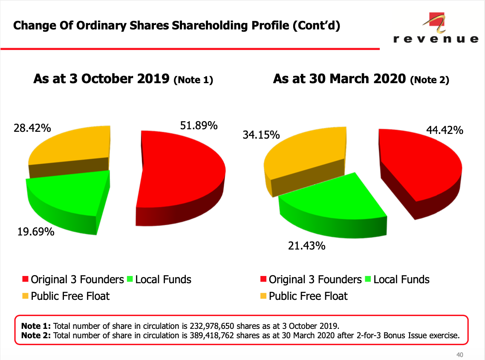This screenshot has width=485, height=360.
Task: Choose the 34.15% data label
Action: click(x=261, y=135)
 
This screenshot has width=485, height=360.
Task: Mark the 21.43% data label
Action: click(x=307, y=246)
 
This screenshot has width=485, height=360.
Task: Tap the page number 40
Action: click(x=459, y=354)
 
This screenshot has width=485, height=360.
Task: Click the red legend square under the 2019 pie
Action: click(x=26, y=280)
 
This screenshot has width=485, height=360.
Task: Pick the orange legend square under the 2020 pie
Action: click(x=263, y=296)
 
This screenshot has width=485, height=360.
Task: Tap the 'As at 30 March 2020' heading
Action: click(x=339, y=79)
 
